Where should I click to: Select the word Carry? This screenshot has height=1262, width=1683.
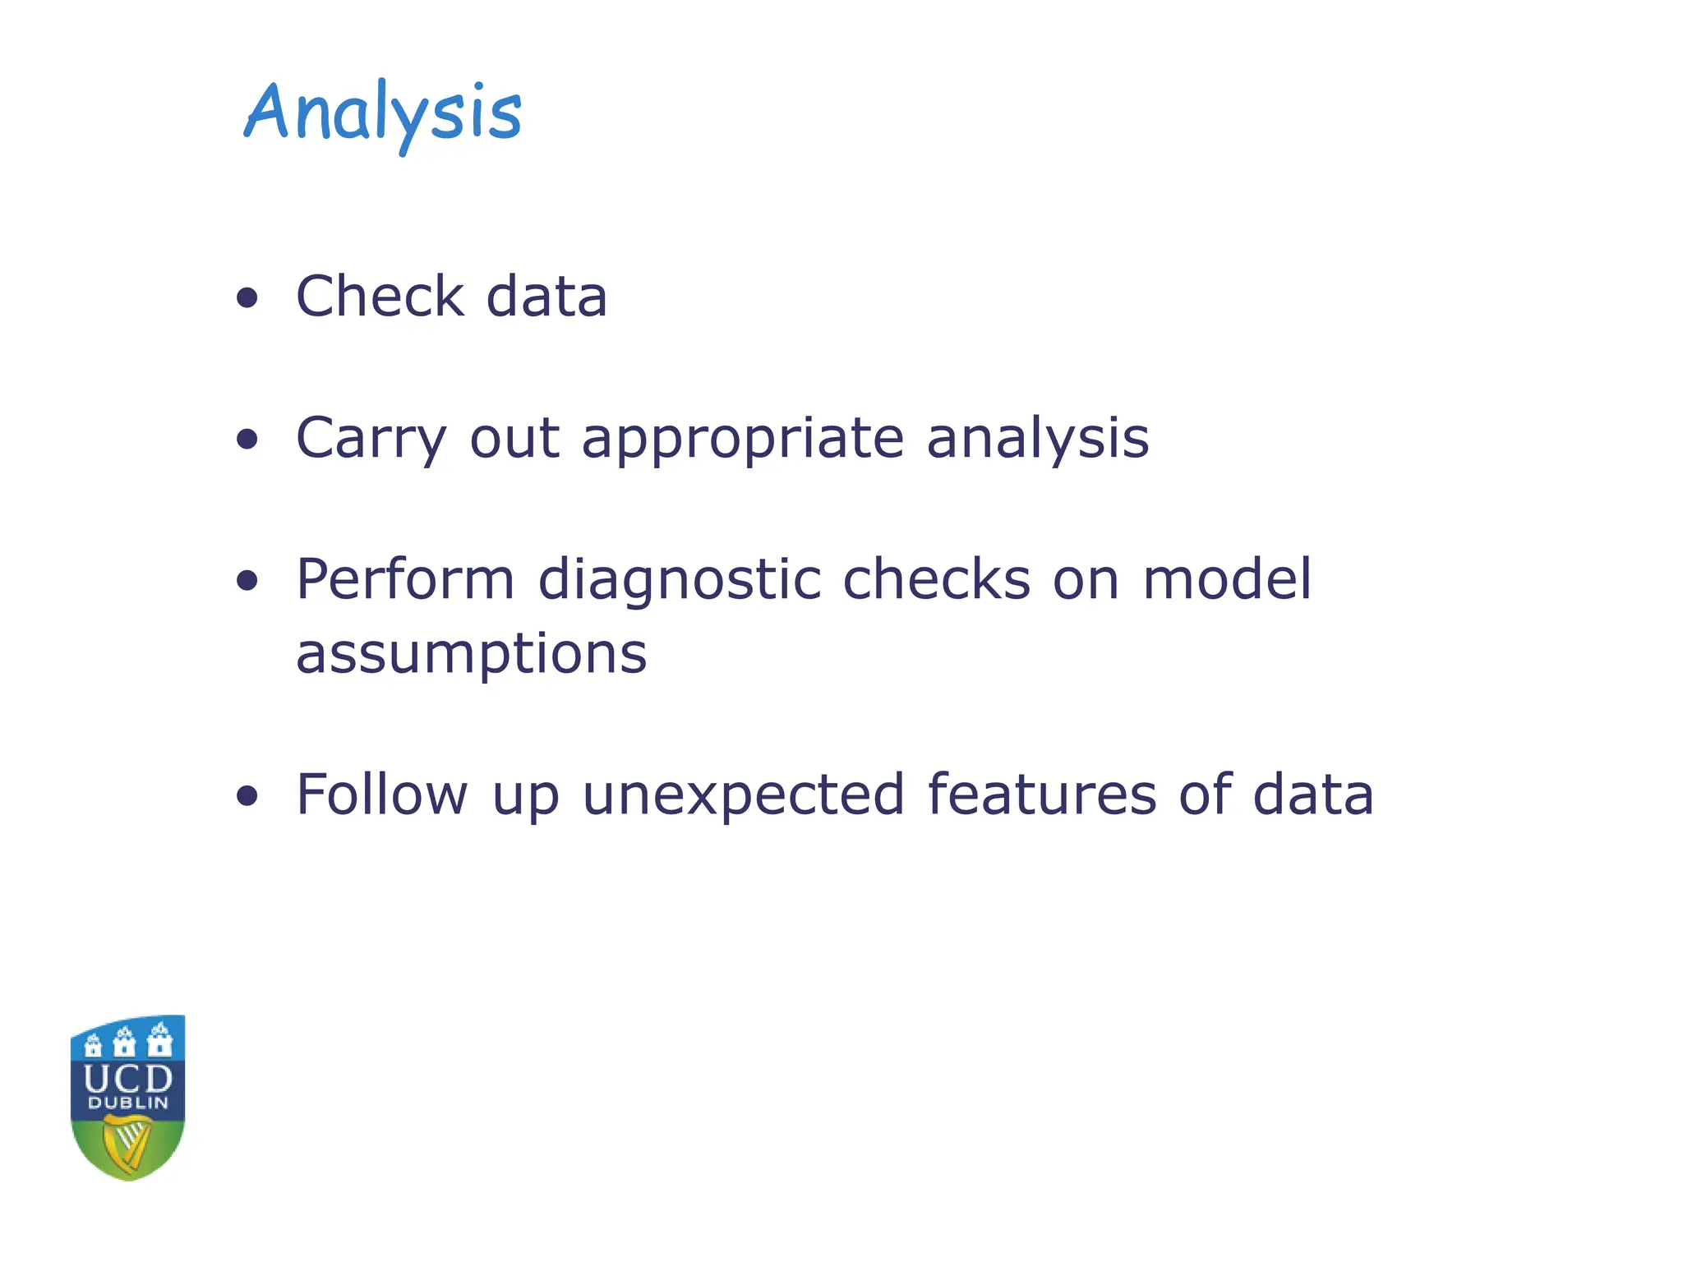pos(371,439)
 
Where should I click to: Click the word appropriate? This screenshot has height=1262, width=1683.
pos(743,439)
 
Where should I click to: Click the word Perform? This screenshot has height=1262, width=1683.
pos(405,579)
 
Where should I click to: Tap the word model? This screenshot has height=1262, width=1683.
pos(1227,579)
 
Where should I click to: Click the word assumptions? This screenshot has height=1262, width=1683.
pos(471,654)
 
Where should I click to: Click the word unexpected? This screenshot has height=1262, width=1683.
pos(743,795)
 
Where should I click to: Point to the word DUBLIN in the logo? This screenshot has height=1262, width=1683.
pos(128,1103)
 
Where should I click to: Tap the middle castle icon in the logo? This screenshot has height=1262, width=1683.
pos(125,1042)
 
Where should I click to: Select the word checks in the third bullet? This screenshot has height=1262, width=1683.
pos(936,579)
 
